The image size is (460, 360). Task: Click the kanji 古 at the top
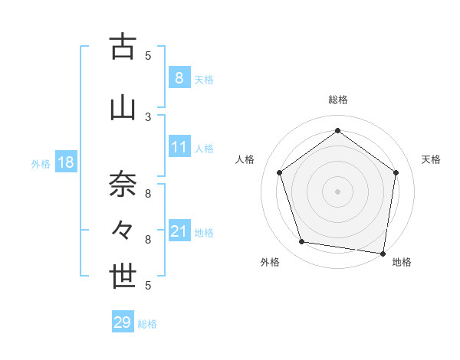(x=123, y=47)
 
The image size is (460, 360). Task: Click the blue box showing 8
(x=179, y=78)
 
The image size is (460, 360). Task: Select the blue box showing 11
(x=179, y=148)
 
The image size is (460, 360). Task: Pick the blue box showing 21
(x=179, y=231)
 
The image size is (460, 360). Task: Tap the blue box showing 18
(x=65, y=163)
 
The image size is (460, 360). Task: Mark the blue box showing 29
(x=123, y=322)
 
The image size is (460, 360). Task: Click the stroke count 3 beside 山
(x=148, y=116)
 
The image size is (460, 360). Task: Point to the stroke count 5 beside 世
(x=148, y=286)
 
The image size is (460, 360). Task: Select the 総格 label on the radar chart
(x=338, y=100)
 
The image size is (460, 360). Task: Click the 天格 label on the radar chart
(x=431, y=159)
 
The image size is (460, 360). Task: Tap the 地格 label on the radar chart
(x=402, y=263)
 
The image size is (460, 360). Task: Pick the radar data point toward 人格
(x=280, y=172)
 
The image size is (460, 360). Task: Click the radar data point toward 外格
(x=301, y=242)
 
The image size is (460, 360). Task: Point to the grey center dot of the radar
(x=338, y=191)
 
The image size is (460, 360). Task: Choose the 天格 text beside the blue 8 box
(x=204, y=79)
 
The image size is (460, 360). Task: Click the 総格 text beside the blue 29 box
(x=147, y=323)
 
